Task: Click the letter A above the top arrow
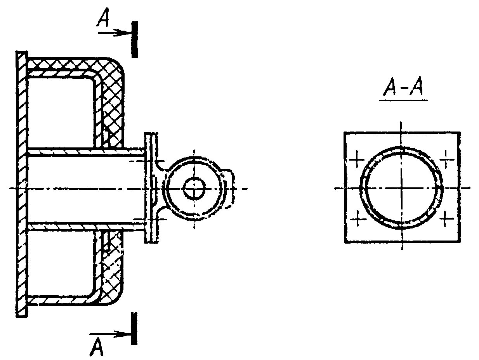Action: pos(103,18)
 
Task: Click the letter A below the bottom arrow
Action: pos(96,346)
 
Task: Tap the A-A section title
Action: pos(403,87)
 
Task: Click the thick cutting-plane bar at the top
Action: pos(135,40)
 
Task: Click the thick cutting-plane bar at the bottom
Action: pos(134,329)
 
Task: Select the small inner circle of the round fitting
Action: pos(194,188)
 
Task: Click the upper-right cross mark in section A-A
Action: pos(447,159)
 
